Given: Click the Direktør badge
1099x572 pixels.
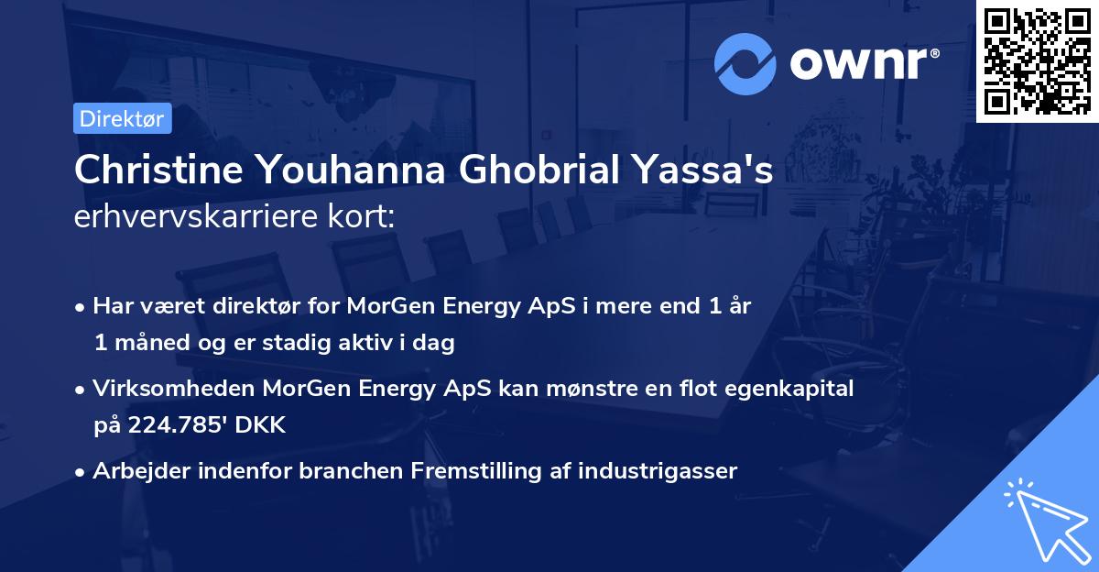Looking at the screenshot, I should pos(122,118).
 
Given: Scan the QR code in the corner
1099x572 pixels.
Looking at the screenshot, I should pos(1037,60).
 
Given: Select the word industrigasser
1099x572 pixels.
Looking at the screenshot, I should pos(666,471).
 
